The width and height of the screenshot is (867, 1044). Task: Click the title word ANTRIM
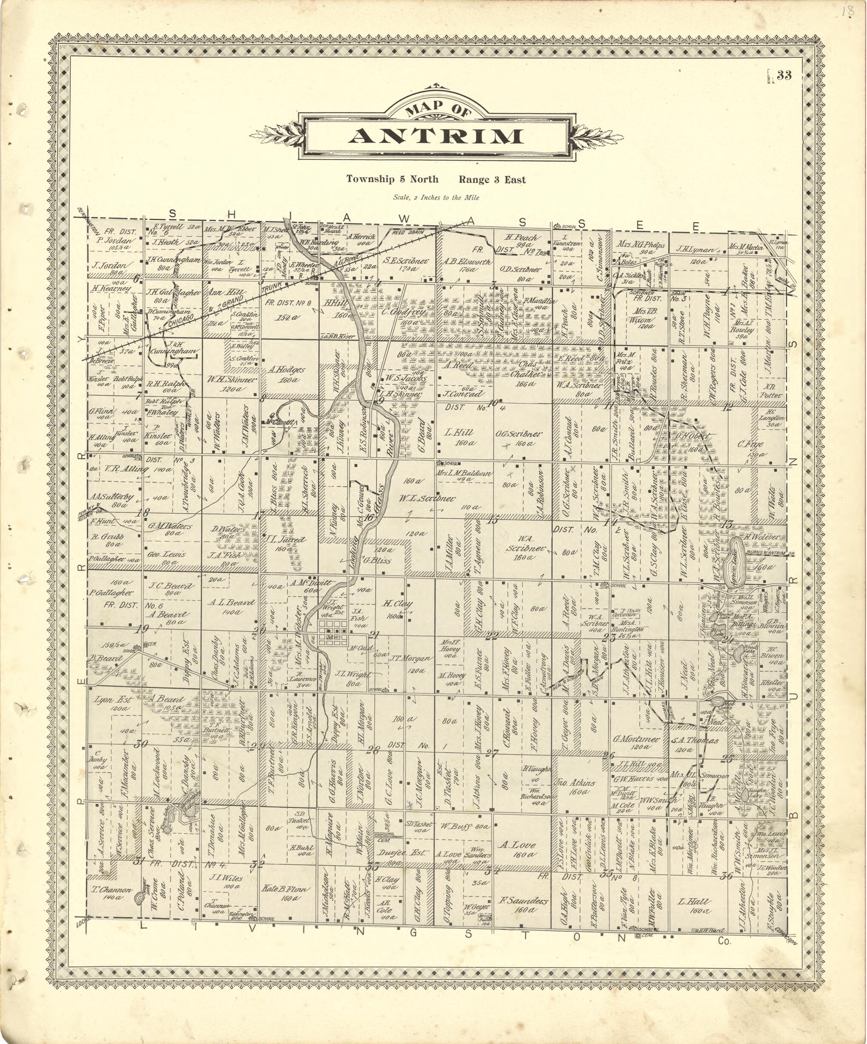click(x=435, y=136)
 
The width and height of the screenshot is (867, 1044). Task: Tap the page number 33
click(x=784, y=76)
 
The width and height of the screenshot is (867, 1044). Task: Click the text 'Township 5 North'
click(x=392, y=180)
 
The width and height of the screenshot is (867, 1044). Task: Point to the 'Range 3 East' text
click(x=492, y=180)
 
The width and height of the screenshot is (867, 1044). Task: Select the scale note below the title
click(x=436, y=197)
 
